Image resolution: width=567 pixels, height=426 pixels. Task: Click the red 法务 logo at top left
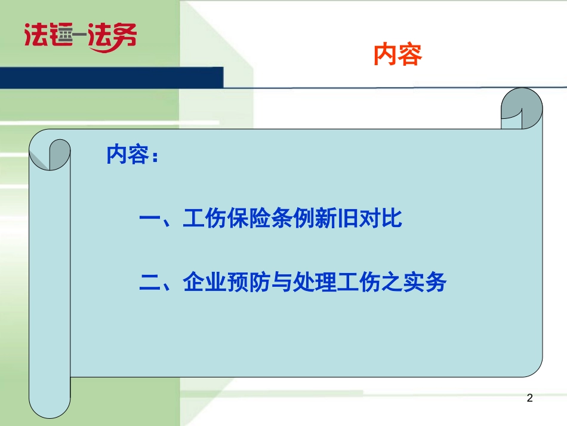pos(81,37)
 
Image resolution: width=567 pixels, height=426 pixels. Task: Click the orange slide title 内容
pos(397,54)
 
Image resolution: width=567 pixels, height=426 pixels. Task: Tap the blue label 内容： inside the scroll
pos(132,155)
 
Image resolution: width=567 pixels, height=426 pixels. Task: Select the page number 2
pos(530,398)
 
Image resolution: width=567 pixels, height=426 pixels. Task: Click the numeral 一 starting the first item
pos(150,218)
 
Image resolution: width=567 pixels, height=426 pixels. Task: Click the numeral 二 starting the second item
pos(150,283)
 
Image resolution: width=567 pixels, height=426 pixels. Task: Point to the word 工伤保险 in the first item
pos(227,218)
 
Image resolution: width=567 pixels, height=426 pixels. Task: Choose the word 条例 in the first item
pos(292,218)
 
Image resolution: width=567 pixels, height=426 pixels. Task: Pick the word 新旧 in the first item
pos(336,218)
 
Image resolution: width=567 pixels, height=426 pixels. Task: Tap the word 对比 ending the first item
pos(380,218)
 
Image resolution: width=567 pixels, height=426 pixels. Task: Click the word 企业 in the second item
pos(205,282)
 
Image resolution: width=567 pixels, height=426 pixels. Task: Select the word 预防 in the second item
pos(249,282)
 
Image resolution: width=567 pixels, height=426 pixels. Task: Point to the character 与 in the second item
pos(282,282)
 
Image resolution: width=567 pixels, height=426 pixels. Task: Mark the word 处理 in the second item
pos(315,282)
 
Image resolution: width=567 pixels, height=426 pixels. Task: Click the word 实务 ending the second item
pos(424,282)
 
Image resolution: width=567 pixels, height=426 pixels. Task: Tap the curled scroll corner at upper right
pos(522,108)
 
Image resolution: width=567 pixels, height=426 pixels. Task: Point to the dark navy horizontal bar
pos(112,78)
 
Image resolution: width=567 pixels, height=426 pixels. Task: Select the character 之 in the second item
pos(392,282)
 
